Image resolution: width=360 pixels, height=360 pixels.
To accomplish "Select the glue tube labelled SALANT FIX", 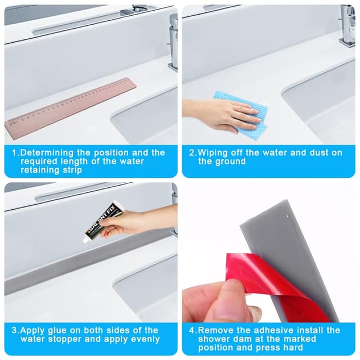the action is pos(103,222).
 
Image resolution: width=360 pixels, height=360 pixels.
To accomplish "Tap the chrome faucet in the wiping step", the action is pos(348,25).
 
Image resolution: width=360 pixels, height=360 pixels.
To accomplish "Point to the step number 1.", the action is pos(15,153).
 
